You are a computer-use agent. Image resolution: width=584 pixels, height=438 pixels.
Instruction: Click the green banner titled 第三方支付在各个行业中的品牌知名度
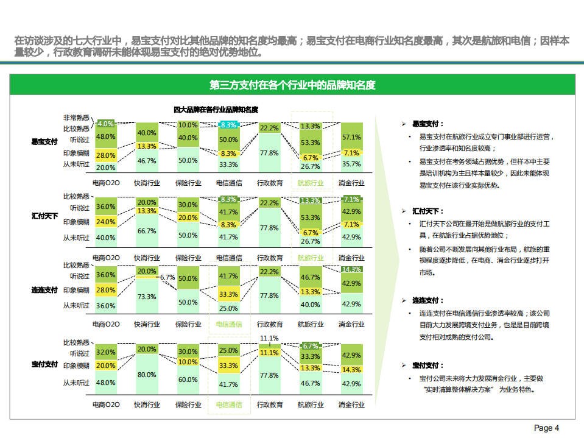(x=292, y=85)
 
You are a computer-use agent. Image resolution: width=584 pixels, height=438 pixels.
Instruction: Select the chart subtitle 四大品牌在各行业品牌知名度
(x=216, y=110)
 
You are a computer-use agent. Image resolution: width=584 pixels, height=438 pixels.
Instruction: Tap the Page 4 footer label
(x=546, y=428)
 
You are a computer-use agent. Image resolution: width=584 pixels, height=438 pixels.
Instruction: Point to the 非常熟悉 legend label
(x=76, y=118)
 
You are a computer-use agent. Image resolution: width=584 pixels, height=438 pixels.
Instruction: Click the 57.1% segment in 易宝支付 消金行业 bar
(x=351, y=137)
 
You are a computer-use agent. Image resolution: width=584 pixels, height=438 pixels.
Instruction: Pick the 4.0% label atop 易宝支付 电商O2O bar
(x=106, y=124)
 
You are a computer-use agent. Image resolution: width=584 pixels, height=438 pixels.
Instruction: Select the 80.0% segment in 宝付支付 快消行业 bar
(x=146, y=375)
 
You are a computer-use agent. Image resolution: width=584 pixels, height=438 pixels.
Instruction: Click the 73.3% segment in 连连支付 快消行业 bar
(x=146, y=296)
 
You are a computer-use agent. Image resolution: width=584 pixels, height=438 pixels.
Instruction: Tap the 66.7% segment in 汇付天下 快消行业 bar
(x=146, y=231)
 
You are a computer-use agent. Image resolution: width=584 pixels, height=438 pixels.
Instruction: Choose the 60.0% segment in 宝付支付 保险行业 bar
(x=188, y=379)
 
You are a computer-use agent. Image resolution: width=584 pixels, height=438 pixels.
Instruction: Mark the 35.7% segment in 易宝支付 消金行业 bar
(x=351, y=164)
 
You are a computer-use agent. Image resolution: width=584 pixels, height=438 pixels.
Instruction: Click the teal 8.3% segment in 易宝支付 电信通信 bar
(x=228, y=125)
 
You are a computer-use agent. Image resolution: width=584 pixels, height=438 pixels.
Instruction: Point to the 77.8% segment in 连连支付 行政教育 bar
(x=269, y=295)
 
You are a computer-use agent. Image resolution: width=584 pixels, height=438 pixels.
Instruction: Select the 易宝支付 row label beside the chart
(x=44, y=142)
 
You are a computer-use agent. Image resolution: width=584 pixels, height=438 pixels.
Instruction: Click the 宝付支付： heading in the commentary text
(x=428, y=365)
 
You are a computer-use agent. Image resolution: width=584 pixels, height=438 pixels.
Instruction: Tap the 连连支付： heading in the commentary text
(x=428, y=300)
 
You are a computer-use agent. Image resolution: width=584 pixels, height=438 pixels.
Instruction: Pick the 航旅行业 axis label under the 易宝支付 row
(x=311, y=183)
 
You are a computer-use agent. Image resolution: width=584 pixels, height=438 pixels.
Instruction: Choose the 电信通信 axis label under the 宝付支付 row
(x=228, y=404)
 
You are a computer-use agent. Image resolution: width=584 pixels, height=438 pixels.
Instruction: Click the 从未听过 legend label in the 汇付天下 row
(x=76, y=238)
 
